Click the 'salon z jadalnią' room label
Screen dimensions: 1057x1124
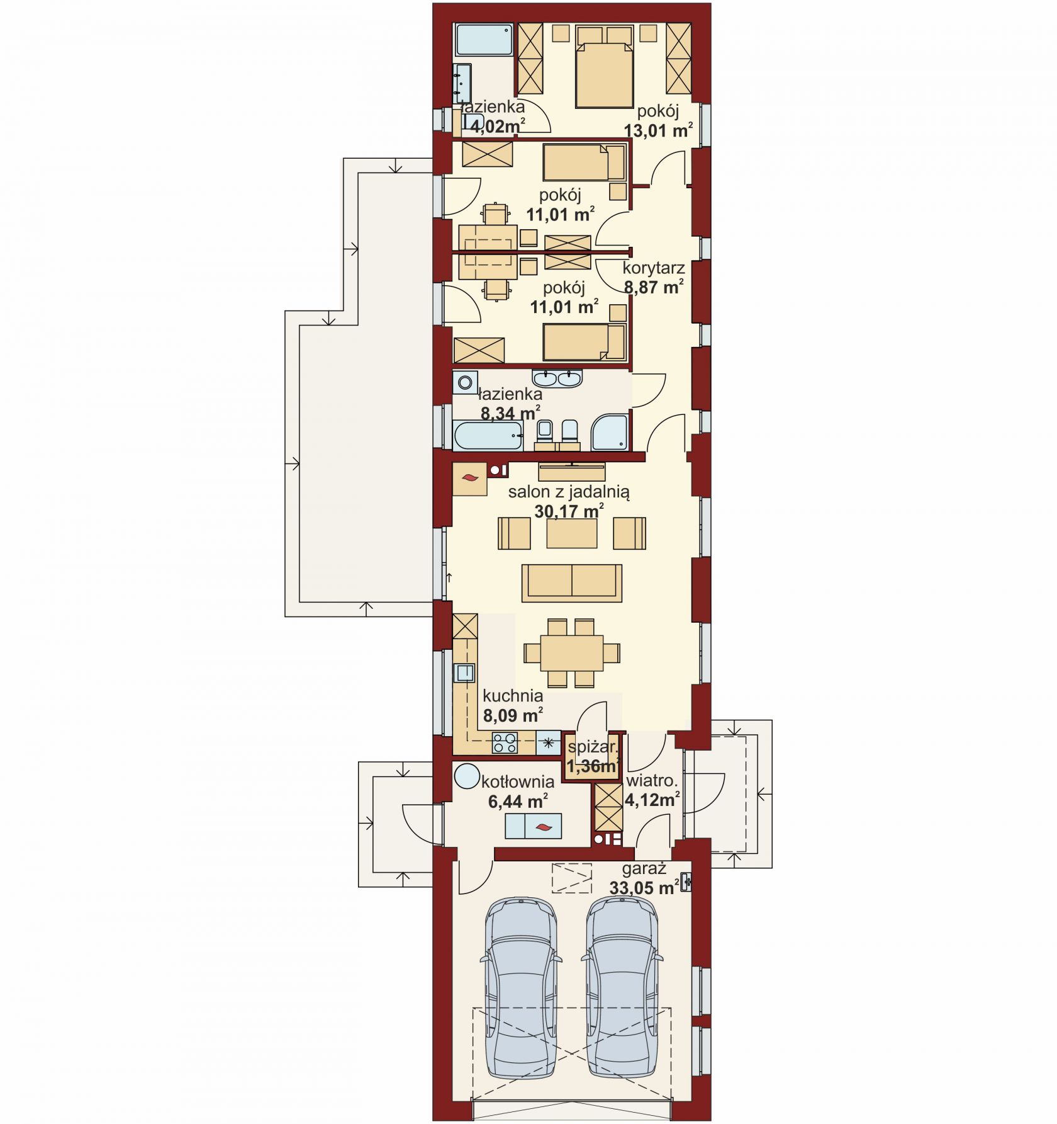tap(569, 492)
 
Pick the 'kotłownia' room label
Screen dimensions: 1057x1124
tap(518, 782)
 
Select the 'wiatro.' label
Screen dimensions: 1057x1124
tap(651, 781)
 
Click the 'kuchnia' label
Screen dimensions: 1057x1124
tap(513, 696)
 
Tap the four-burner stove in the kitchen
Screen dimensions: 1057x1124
tap(505, 743)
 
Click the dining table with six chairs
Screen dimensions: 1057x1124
tap(571, 653)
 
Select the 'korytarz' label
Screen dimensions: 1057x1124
tap(654, 268)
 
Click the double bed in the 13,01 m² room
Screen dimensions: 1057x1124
tap(604, 67)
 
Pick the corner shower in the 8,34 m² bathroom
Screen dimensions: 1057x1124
tap(610, 432)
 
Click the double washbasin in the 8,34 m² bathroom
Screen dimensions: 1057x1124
tap(557, 378)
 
